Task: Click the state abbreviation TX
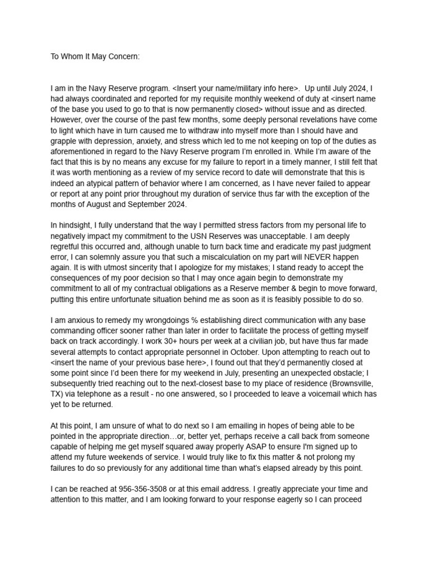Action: tap(57, 394)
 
